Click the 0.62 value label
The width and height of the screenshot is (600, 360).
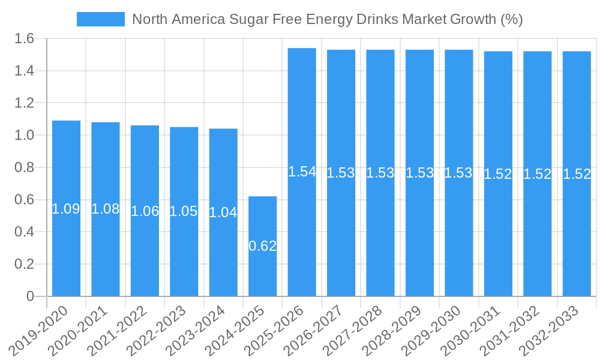coord(263,246)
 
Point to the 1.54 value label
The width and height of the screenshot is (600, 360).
coord(302,172)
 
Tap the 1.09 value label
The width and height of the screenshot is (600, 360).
coord(66,209)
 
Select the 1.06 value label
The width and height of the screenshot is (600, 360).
coord(145,211)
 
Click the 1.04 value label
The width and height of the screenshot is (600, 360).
coord(223,212)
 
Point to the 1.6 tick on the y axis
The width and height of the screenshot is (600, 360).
coord(26,39)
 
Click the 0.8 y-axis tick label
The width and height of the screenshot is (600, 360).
coord(26,168)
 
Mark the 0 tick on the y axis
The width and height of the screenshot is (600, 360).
coord(31,296)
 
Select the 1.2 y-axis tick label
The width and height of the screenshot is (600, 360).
coord(26,103)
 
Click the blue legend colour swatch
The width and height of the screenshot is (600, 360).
coord(100,19)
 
